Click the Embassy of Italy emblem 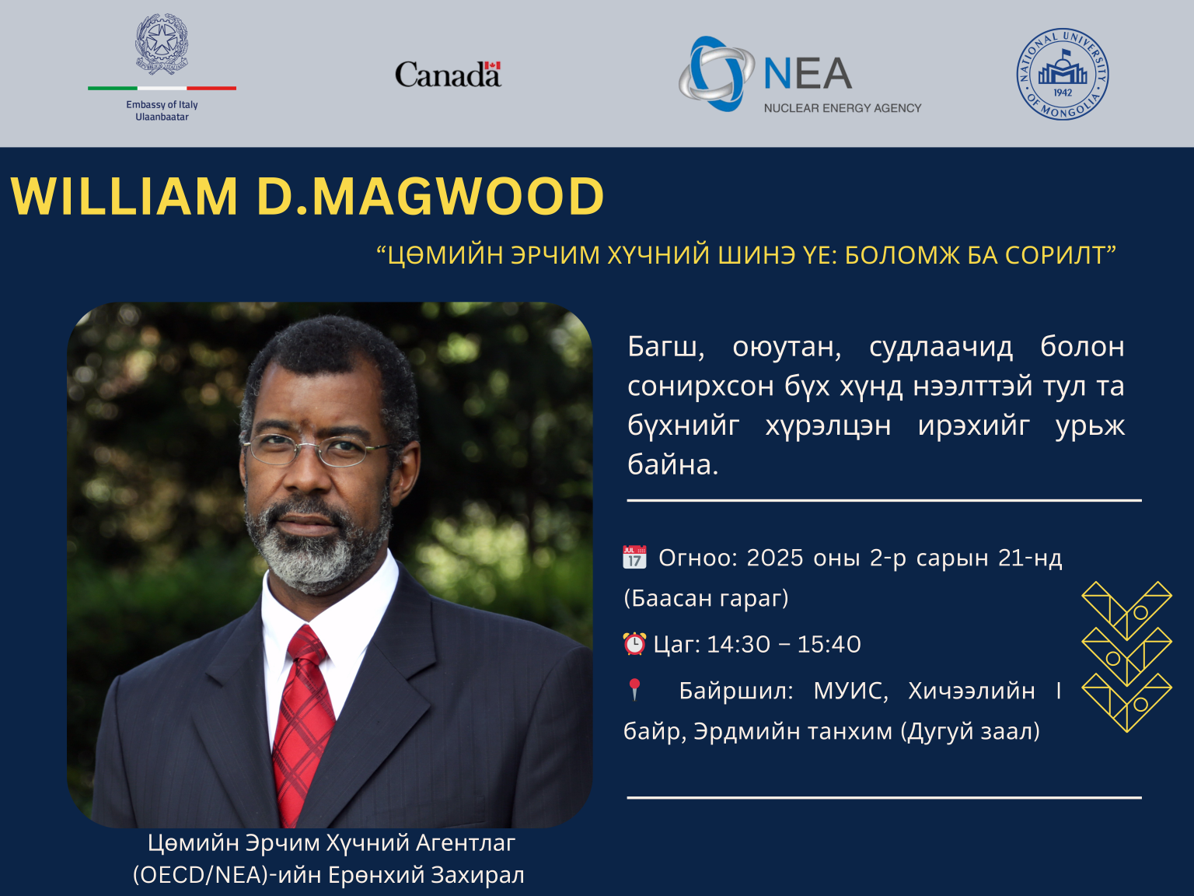tap(162, 44)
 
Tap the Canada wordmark tap(448, 75)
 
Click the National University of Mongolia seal tap(1063, 75)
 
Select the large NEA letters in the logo tap(808, 75)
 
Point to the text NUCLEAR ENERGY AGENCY tap(842, 108)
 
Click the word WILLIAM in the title tap(124, 196)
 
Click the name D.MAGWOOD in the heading tap(430, 196)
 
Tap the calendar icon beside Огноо tap(634, 558)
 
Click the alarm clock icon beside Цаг tap(634, 644)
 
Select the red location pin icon tap(634, 689)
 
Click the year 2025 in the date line tap(774, 558)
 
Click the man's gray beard tap(311, 556)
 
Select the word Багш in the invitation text tap(665, 347)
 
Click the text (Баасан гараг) tap(706, 598)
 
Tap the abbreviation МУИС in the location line tap(850, 691)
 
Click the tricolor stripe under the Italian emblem tap(162, 88)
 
